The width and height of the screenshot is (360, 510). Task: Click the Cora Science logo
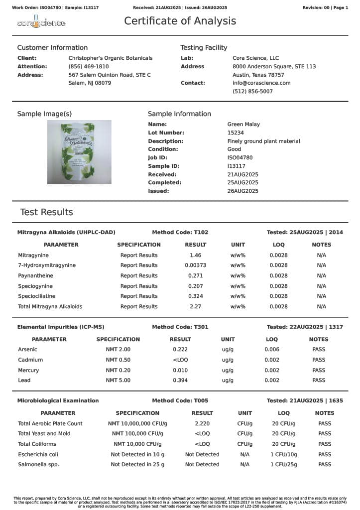pyautogui.click(x=41, y=23)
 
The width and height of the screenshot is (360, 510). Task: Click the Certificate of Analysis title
pyautogui.click(x=180, y=21)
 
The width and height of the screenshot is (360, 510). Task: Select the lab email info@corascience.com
pyautogui.click(x=261, y=83)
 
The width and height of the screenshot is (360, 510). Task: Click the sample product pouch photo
pyautogui.click(x=79, y=152)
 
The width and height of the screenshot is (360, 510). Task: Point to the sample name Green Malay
pyautogui.click(x=243, y=125)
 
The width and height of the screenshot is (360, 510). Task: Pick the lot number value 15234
pyautogui.click(x=236, y=133)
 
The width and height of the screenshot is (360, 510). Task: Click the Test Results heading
pyautogui.click(x=46, y=212)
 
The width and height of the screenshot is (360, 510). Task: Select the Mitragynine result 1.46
pyautogui.click(x=195, y=255)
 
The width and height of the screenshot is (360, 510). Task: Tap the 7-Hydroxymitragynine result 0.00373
pyautogui.click(x=195, y=265)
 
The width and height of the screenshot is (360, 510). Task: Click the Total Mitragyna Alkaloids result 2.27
pyautogui.click(x=195, y=307)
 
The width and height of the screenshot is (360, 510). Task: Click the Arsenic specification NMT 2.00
pyautogui.click(x=118, y=350)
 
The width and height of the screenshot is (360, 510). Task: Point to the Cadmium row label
pyautogui.click(x=30, y=360)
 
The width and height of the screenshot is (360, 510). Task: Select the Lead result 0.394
pyautogui.click(x=180, y=381)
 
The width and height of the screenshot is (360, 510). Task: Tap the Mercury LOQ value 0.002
pyautogui.click(x=272, y=370)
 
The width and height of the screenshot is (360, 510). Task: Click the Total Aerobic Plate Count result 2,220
pyautogui.click(x=202, y=423)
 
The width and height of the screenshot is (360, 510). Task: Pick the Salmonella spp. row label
pyautogui.click(x=38, y=465)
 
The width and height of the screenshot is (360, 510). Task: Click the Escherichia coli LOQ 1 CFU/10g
pyautogui.click(x=283, y=454)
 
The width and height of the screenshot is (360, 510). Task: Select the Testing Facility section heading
pyautogui.click(x=204, y=48)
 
